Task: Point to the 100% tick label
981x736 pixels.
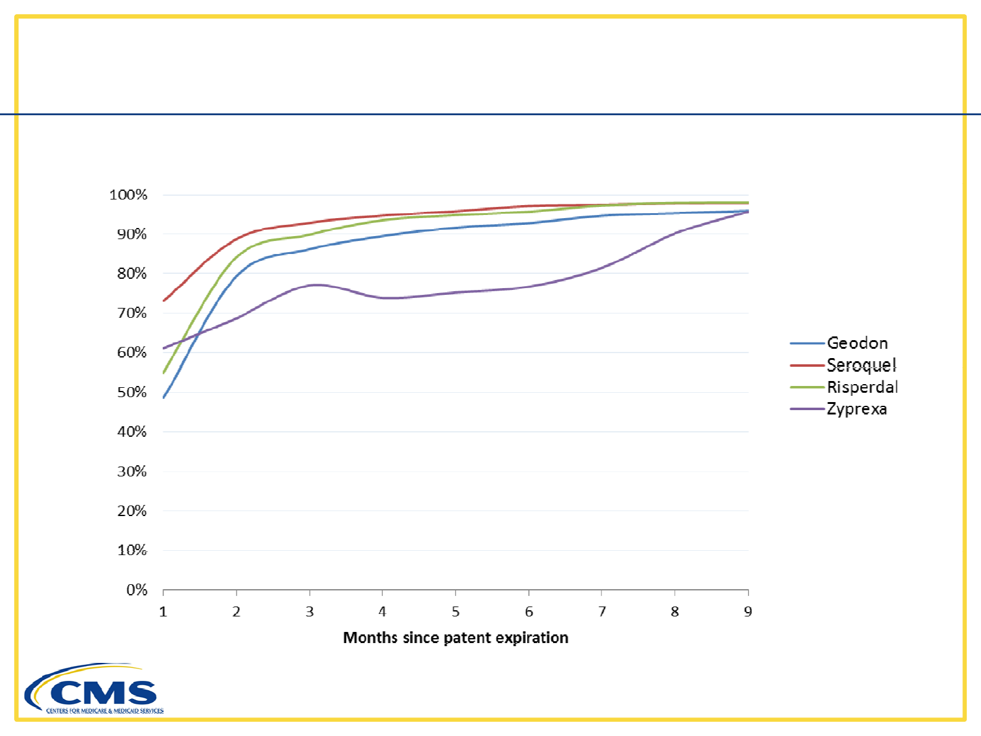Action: click(x=128, y=195)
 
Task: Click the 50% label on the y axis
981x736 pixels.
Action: click(x=132, y=392)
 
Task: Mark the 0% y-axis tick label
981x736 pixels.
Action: click(x=136, y=590)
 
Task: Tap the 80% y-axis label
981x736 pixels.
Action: click(x=132, y=274)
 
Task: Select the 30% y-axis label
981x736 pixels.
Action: click(x=132, y=471)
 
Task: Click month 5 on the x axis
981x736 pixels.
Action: click(x=456, y=612)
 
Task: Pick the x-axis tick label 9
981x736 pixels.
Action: click(x=748, y=612)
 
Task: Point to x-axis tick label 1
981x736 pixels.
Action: click(x=163, y=612)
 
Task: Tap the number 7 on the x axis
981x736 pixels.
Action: click(x=602, y=612)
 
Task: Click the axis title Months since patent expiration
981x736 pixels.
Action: click(x=455, y=637)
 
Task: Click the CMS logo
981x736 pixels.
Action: click(x=93, y=690)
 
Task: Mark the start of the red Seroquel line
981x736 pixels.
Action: click(x=163, y=301)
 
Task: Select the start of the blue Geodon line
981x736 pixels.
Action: click(x=163, y=397)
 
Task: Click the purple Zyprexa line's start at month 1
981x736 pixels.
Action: click(x=163, y=348)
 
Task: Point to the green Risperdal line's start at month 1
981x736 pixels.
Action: click(x=163, y=373)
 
